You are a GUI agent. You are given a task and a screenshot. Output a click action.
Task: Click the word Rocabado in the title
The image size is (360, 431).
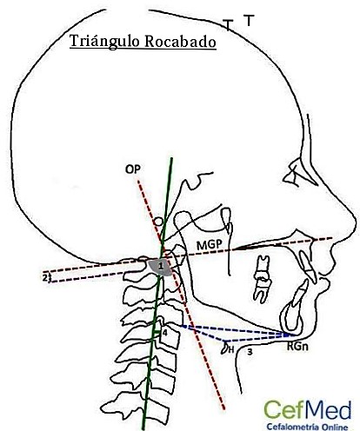(180, 42)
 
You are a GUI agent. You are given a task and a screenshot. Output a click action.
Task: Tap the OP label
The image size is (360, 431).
(133, 169)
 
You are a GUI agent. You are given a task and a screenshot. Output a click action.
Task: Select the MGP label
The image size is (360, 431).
(210, 245)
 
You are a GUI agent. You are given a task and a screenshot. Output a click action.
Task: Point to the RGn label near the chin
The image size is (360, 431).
(297, 347)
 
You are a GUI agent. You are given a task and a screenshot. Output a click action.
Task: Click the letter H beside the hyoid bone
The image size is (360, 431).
(231, 350)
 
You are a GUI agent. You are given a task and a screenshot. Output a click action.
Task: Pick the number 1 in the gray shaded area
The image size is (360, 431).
(161, 265)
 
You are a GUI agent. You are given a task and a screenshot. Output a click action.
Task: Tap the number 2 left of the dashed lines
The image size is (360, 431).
(45, 277)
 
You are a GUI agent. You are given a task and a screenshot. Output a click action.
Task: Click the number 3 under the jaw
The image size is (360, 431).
(250, 352)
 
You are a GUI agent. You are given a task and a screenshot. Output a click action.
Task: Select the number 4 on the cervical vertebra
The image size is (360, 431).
(165, 333)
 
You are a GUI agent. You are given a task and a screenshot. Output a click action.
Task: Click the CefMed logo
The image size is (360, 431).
(308, 410)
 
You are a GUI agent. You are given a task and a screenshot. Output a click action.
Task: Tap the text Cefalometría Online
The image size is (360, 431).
(307, 427)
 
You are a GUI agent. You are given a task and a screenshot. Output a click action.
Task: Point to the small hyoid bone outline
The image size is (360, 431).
(224, 348)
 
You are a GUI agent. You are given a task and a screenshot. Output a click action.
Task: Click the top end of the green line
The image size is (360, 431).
(172, 158)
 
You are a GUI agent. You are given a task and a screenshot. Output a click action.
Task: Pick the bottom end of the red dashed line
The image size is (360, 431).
(224, 408)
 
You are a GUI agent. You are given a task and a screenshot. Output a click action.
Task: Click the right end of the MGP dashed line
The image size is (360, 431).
(331, 238)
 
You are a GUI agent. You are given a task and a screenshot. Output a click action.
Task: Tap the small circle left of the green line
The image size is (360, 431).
(158, 222)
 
